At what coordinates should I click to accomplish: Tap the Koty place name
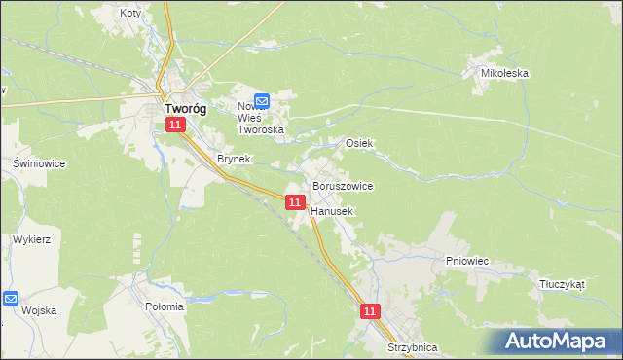(129, 14)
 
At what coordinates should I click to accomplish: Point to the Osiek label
(359, 143)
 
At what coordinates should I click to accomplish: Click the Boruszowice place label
(342, 185)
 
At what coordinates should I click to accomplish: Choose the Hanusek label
(332, 210)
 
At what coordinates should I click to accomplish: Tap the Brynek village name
(234, 159)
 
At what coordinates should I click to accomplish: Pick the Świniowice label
(39, 163)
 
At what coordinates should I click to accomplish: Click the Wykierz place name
(32, 238)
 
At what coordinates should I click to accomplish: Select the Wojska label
(39, 310)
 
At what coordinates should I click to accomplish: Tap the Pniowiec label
(466, 261)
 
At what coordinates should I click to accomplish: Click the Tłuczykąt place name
(562, 285)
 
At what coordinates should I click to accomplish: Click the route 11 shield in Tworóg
(174, 126)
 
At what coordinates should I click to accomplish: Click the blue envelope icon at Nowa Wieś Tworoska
(262, 99)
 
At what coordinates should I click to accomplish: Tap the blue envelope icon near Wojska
(10, 300)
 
